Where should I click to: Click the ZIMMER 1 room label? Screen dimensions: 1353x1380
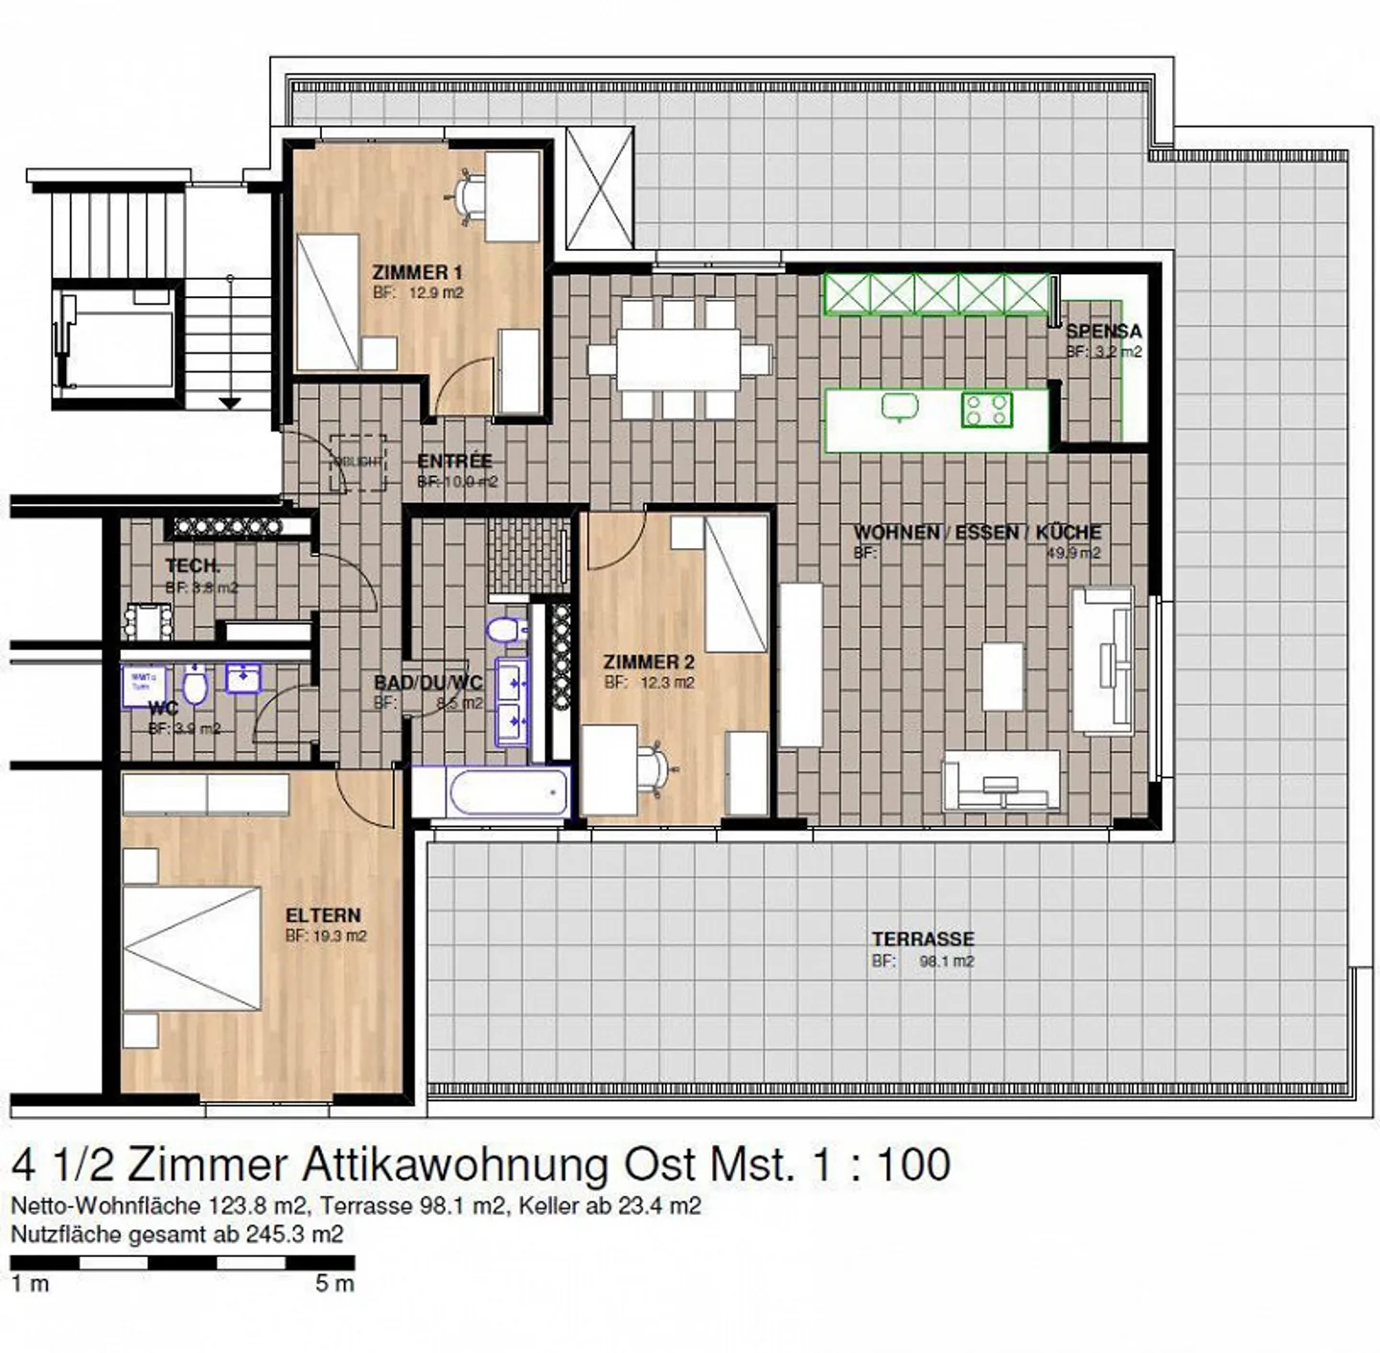pos(417,273)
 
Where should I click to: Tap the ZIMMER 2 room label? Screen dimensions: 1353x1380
pos(649,662)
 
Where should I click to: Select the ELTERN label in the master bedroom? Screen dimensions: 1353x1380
pos(323,915)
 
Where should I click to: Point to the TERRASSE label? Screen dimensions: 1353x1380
pos(922,939)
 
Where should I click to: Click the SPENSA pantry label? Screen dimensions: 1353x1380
pos(1103,332)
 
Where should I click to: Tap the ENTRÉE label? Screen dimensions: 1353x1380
pos(454,461)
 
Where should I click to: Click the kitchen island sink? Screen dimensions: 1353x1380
pos(900,407)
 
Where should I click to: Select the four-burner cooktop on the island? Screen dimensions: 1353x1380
pos(986,410)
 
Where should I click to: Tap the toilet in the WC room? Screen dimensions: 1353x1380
pos(195,685)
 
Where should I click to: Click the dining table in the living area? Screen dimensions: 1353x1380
pos(679,359)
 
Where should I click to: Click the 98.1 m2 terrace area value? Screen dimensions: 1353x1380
pos(946,961)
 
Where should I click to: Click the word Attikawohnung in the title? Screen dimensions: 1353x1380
pos(454,1165)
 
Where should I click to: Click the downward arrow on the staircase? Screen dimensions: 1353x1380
pos(230,402)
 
